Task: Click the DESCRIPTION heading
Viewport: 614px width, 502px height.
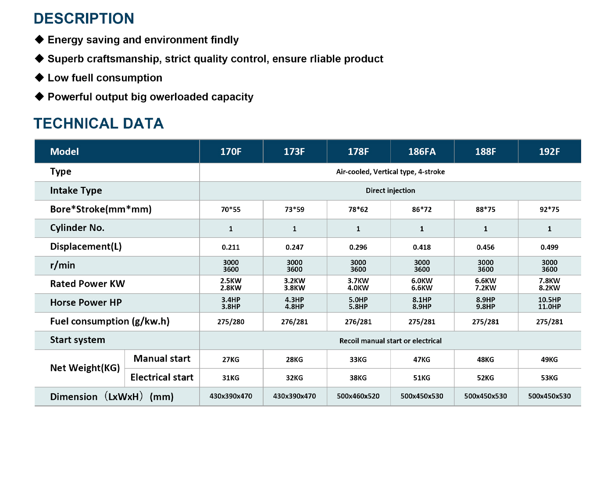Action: [x=84, y=18]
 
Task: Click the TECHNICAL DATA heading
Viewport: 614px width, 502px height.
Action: [x=99, y=123]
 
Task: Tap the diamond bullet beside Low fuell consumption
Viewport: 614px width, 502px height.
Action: [x=39, y=78]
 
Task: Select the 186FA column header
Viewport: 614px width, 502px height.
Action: [x=422, y=151]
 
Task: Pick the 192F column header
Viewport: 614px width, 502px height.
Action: [x=550, y=151]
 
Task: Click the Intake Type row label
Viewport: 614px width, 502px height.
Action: [x=76, y=190]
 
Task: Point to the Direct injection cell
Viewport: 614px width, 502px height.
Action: [x=390, y=190]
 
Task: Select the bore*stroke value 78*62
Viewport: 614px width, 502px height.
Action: [x=358, y=209]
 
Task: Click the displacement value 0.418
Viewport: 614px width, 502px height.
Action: [x=422, y=247]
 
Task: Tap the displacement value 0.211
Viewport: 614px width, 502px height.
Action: [x=231, y=247]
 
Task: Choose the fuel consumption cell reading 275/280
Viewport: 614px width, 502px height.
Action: [x=231, y=322]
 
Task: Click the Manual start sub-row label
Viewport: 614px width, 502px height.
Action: [x=162, y=359]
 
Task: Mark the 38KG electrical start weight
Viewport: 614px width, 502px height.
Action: [x=358, y=378]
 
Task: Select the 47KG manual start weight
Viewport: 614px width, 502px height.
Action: [x=422, y=359]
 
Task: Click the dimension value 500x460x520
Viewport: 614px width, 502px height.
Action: [x=358, y=396]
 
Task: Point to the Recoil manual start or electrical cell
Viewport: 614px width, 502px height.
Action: [x=390, y=341]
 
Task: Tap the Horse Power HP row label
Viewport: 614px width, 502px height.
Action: [x=86, y=303]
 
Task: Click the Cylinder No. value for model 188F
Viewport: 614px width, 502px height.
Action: [x=485, y=229]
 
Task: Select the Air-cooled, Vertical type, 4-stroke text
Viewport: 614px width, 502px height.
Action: [x=390, y=172]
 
